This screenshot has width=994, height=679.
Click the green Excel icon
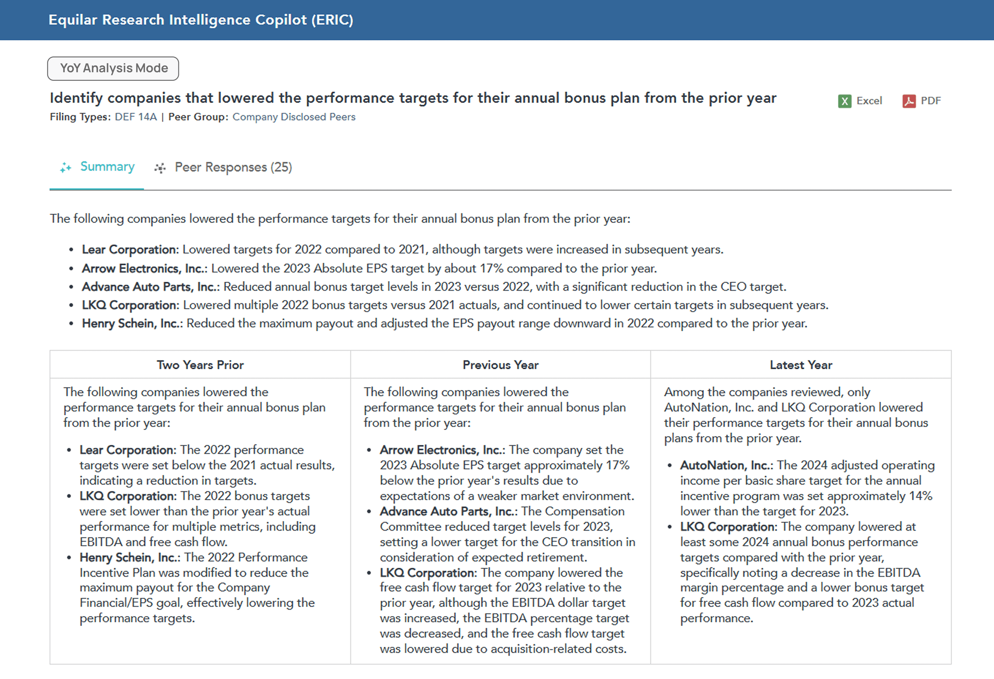coord(844,101)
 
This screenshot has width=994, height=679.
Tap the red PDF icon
coord(909,101)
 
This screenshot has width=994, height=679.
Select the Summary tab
coord(107,167)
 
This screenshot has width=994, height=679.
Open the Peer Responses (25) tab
coord(233,167)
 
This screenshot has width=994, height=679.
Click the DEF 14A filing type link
coord(136,117)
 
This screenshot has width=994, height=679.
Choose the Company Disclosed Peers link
coord(294,117)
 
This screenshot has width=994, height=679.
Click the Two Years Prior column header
coord(200,365)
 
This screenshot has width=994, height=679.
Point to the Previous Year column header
coord(500,365)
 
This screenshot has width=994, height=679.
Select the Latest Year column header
coord(801,365)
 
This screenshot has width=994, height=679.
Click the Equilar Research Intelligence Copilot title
coord(201,20)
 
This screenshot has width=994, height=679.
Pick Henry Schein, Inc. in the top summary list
coord(132,323)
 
